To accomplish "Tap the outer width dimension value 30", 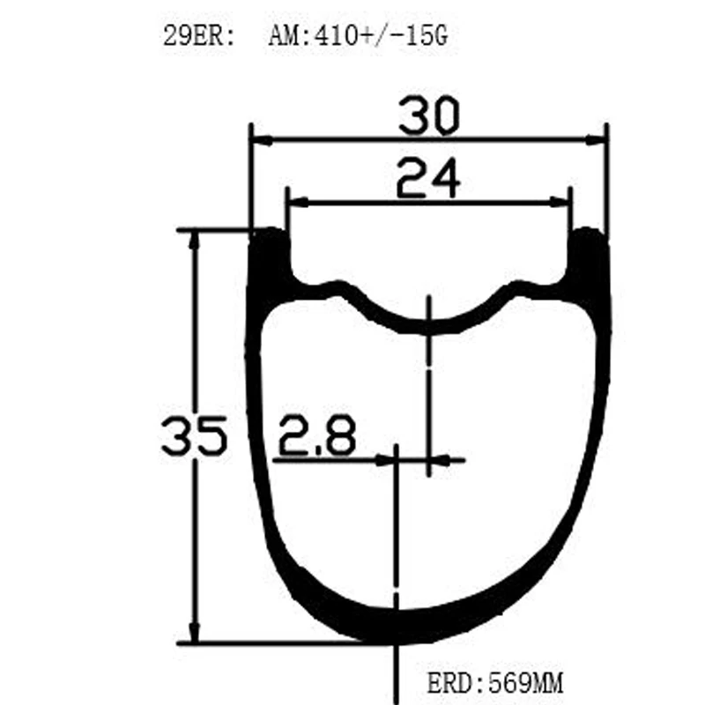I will tap(428, 117).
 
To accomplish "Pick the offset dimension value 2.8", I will tap(317, 435).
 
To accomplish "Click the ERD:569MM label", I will tap(494, 682).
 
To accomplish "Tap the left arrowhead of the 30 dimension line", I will tap(260, 139).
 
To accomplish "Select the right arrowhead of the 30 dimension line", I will tap(598, 139).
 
